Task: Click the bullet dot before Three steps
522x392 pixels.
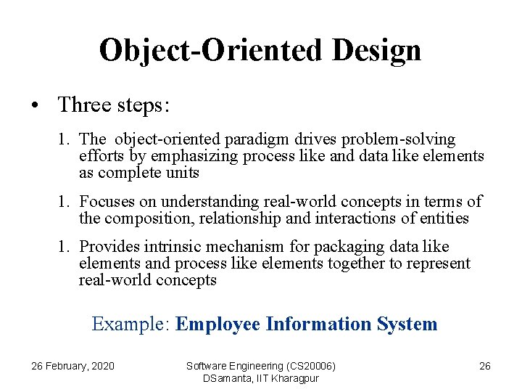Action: click(35, 105)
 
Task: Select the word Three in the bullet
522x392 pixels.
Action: click(83, 105)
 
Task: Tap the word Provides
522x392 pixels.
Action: click(109, 247)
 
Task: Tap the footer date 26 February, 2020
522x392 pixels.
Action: click(72, 366)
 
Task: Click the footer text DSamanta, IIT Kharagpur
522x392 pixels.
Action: click(261, 378)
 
